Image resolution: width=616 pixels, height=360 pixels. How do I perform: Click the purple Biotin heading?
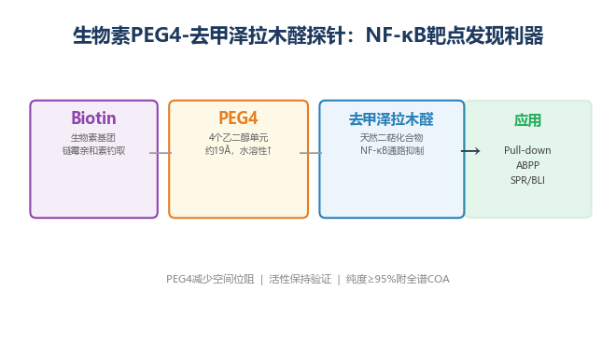pos(93,118)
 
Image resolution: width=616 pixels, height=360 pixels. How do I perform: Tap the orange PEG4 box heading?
pos(238,118)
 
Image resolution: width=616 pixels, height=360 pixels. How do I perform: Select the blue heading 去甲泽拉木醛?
pos(391,119)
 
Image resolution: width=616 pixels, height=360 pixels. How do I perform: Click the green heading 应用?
pos(527,120)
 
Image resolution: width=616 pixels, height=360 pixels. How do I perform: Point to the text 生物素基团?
pos(93,138)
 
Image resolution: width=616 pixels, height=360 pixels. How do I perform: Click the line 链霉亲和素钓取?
pos(93,151)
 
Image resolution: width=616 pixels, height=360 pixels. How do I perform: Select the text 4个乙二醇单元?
pos(238,138)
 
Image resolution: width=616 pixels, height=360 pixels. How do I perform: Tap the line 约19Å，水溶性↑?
pos(238,151)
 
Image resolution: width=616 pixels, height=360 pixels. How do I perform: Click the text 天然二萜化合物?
pos(391,138)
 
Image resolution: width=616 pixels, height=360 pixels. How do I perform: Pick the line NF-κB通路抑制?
pos(392,151)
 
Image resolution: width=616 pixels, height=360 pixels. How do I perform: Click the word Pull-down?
pos(527,150)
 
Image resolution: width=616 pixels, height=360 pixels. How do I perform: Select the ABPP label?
pos(527,165)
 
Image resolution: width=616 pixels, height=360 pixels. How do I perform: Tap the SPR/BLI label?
pos(527,180)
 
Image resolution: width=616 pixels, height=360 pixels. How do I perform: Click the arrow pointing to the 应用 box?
pos(470,151)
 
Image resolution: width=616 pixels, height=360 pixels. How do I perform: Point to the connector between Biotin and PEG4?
pos(161,153)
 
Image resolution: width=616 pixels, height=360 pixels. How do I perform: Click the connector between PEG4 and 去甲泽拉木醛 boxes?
pos(311,153)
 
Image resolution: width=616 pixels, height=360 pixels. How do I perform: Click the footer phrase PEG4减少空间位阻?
pos(210,279)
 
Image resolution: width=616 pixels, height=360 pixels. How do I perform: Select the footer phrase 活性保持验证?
pos(301,279)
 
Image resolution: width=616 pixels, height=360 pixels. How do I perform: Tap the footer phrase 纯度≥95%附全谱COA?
pos(398,279)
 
